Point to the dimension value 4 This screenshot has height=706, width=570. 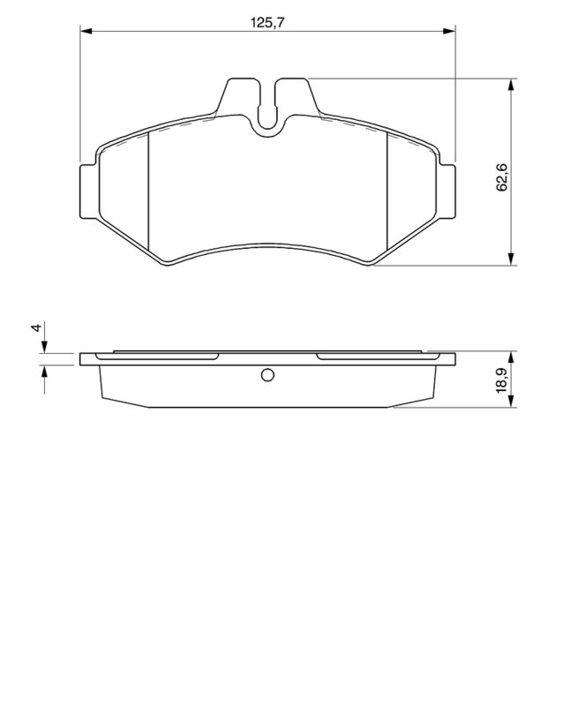[35, 327]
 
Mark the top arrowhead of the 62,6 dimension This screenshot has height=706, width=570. [512, 86]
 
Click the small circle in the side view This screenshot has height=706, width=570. [267, 376]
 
